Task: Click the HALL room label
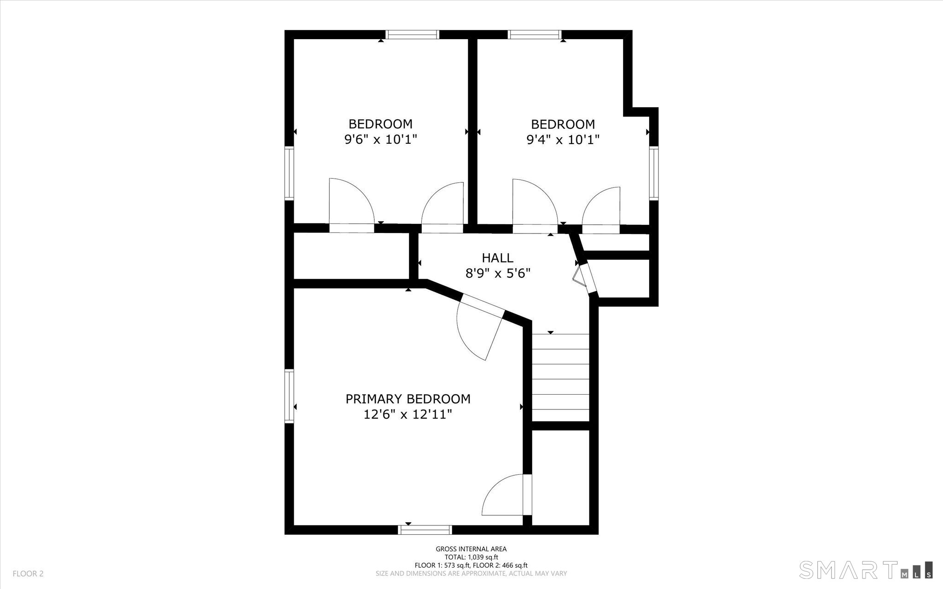coord(497,257)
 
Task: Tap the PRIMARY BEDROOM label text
coord(408,399)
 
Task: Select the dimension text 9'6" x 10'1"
coord(380,140)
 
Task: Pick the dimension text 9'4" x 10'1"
coord(563,140)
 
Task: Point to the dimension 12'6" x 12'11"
coord(408,415)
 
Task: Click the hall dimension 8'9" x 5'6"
coord(498,274)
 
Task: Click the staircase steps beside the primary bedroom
coord(560,378)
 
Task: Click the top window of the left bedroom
coord(412,35)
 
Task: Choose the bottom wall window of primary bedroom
coord(425,530)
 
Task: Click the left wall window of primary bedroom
coord(289,396)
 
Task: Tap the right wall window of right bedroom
coord(654,172)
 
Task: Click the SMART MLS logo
coord(866,569)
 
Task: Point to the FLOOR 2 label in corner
coord(28,574)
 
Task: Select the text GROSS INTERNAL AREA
coord(471,549)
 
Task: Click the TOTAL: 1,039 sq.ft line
coord(471,557)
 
